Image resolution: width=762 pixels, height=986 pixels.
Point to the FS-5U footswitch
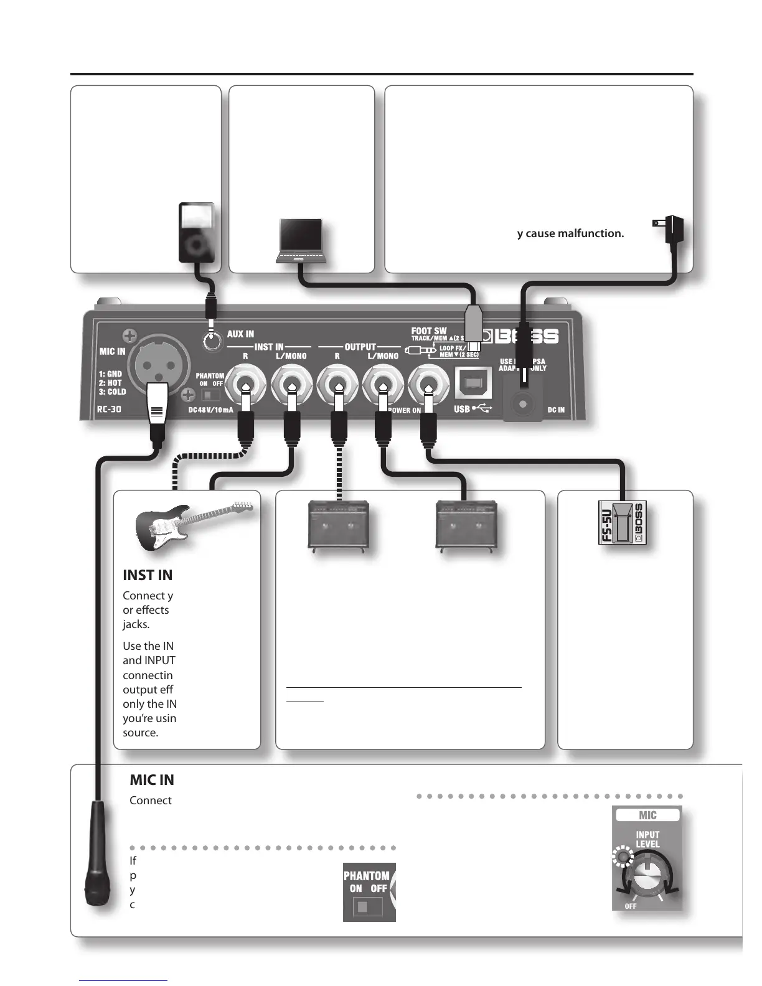point(623,522)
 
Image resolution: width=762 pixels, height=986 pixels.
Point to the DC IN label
point(556,410)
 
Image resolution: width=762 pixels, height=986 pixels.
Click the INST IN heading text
point(148,575)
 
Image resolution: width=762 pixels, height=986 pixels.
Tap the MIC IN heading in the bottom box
point(152,780)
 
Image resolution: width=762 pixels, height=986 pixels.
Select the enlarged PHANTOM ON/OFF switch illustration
point(369,891)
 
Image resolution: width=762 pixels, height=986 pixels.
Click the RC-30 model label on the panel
point(109,410)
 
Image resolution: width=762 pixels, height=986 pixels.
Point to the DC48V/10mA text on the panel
point(210,410)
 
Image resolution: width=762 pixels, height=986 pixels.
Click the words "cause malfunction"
point(576,233)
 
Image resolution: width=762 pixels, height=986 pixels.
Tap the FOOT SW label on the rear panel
point(429,332)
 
